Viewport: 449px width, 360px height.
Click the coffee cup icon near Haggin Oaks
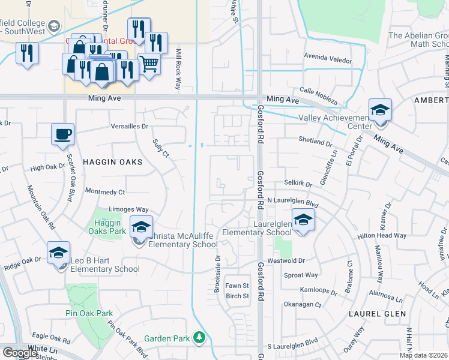click(62, 133)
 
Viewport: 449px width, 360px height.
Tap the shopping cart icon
click(149, 62)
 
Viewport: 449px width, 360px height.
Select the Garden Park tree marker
click(199, 338)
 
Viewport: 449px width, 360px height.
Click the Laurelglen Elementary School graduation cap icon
click(303, 220)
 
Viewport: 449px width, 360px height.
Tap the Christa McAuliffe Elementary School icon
click(141, 227)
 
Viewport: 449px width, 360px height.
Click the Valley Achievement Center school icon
click(380, 110)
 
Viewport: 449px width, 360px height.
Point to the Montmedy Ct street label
click(105, 192)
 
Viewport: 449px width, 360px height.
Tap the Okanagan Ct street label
click(303, 305)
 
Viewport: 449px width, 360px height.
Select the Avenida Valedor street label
click(328, 61)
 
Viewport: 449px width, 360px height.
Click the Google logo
click(20, 353)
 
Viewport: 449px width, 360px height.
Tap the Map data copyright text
click(423, 355)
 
